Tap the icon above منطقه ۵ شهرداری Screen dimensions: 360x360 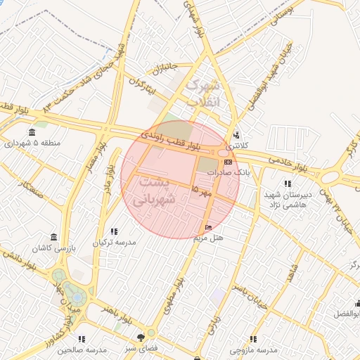coord(32,132)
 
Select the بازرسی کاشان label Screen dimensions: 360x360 coord(53,250)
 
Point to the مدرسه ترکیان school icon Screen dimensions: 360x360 coord(113,231)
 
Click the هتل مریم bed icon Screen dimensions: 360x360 coord(207,227)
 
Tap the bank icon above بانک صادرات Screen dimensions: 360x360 coord(228,162)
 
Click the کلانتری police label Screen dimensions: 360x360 coord(238,145)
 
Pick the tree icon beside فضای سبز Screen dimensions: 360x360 coord(150,335)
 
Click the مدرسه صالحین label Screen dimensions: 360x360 coord(82,349)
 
